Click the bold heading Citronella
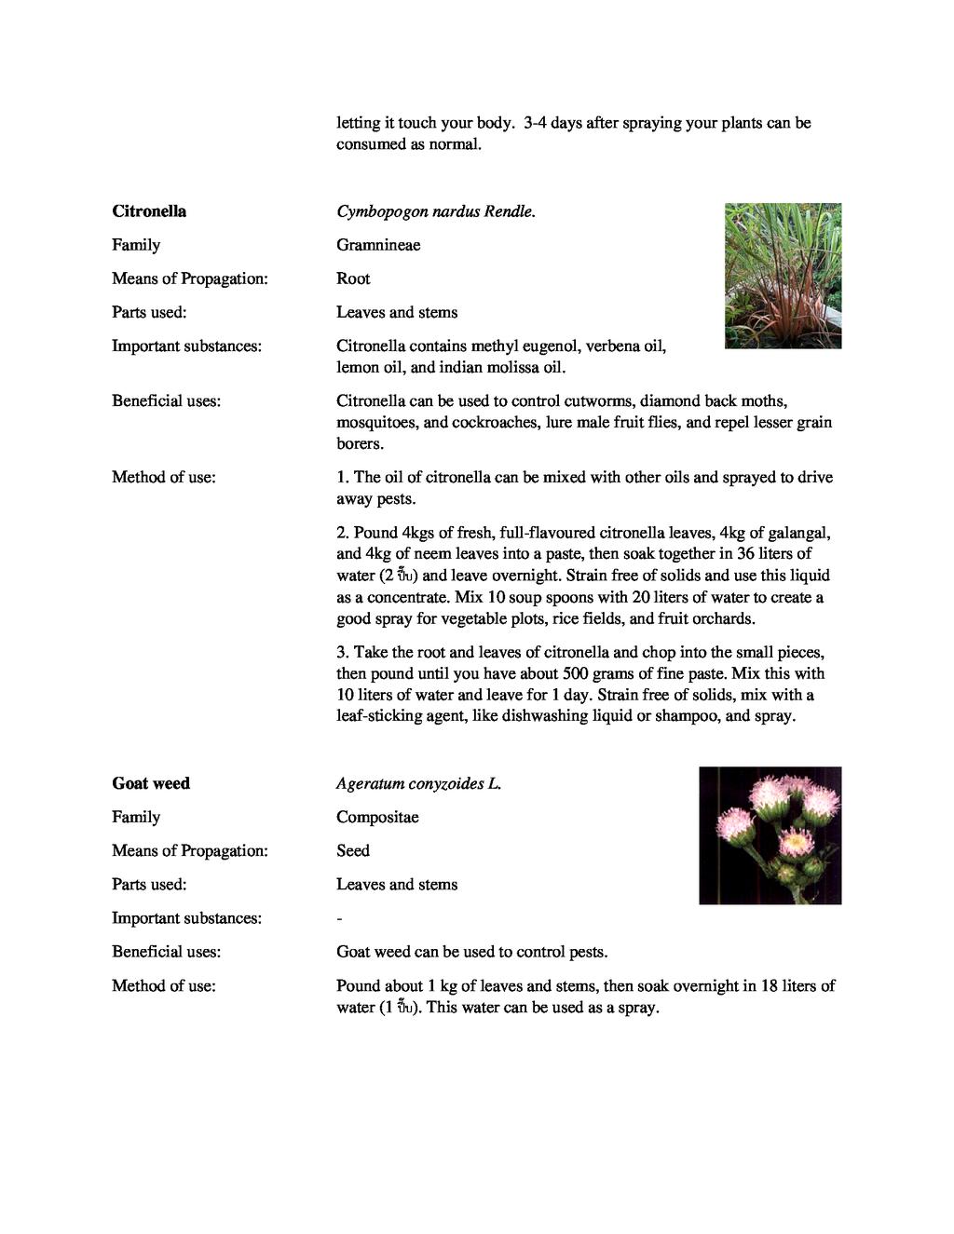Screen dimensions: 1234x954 pos(149,211)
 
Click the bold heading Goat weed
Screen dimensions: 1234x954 pos(151,783)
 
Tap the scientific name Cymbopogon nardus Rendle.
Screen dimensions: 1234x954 pos(436,211)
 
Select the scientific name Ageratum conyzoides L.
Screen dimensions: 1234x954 pos(418,783)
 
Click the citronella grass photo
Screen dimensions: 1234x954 pos(783,276)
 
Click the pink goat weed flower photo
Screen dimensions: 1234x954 pos(770,835)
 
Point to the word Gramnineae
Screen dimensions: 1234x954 pos(378,245)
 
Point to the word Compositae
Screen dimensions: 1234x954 pos(377,817)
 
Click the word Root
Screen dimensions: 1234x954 pos(353,278)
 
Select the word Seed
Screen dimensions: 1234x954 pos(353,850)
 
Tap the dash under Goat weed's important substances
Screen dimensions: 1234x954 pos(339,918)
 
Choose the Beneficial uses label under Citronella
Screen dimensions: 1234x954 pos(166,401)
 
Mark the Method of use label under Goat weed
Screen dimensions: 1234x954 pos(163,985)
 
